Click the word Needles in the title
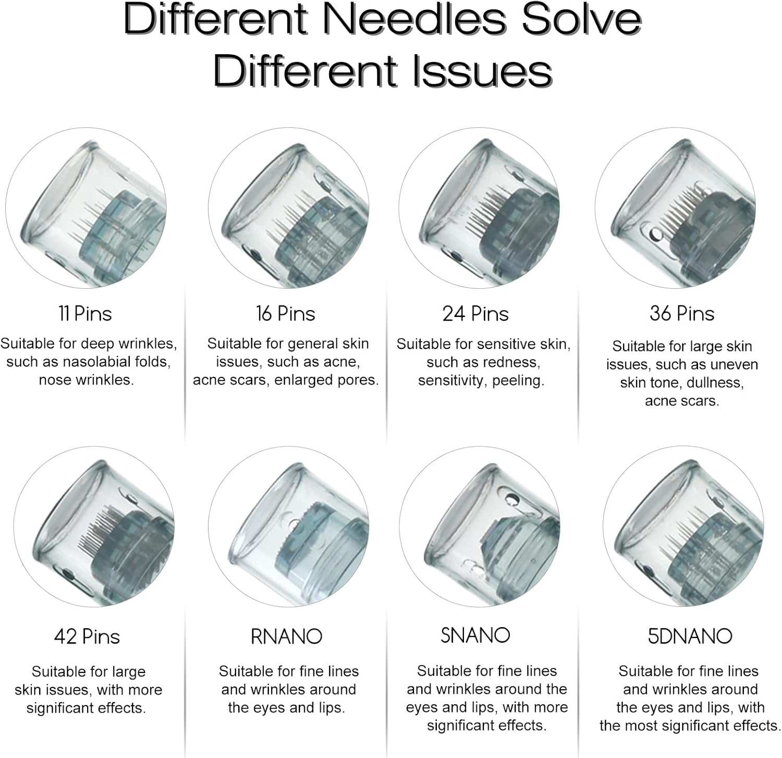pos(414,19)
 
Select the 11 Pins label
pos(85,314)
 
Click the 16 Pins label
pos(286,314)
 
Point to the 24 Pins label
pos(475,314)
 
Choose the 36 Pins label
pos(682,313)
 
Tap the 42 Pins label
pos(87,637)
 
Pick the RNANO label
pos(287,637)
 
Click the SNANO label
pos(475,635)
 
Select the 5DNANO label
pos(690,636)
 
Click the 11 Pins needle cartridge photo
pos(86,208)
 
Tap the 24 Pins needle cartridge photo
pos(480,208)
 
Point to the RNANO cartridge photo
pos(289,527)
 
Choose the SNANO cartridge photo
pos(480,527)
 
